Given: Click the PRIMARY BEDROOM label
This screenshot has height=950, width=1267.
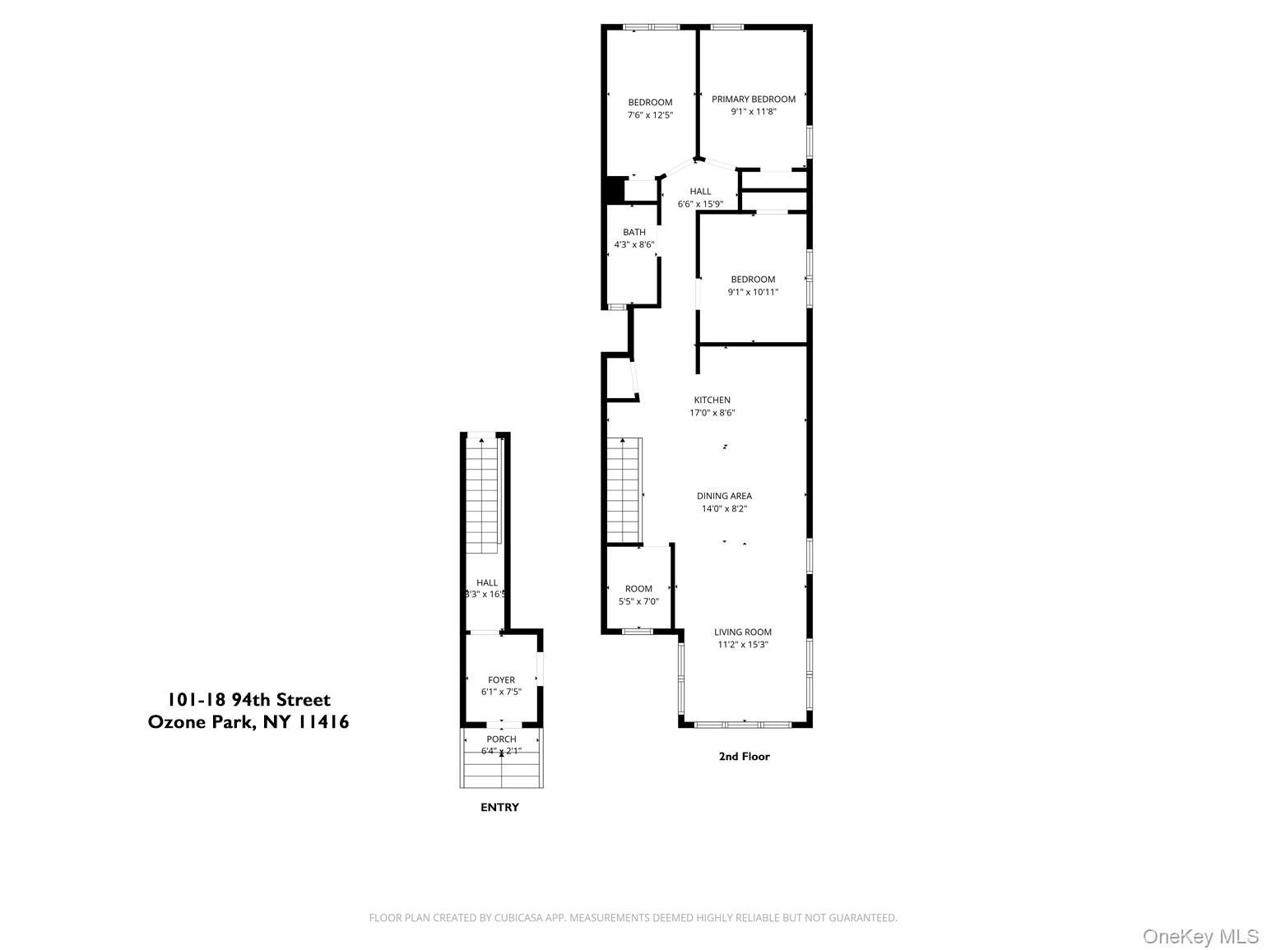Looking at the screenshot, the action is click(753, 100).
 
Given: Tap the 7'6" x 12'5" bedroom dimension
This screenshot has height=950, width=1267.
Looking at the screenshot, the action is click(650, 115).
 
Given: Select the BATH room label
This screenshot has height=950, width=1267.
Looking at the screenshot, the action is click(633, 232).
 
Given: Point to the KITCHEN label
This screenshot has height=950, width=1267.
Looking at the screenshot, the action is click(712, 400).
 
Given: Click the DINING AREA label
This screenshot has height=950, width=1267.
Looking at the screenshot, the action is click(724, 495).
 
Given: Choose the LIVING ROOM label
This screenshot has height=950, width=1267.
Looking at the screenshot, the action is click(742, 632).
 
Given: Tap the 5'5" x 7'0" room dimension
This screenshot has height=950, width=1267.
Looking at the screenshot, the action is click(638, 601).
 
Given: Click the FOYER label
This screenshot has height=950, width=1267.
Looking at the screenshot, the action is click(501, 679).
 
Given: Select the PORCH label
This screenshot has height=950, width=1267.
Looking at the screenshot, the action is click(501, 739).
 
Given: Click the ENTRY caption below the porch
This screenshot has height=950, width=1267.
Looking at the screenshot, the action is click(499, 807).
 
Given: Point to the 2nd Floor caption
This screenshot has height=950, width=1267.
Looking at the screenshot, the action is click(744, 756).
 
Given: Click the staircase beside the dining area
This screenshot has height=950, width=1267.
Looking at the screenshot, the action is click(624, 490).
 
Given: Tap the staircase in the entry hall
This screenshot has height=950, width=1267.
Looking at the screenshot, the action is click(483, 495).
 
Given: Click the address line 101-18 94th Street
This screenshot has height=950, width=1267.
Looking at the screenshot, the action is click(248, 700).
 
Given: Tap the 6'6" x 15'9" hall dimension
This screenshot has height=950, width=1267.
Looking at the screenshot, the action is click(700, 204).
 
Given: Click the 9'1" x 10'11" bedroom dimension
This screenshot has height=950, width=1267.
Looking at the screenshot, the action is click(753, 292).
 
